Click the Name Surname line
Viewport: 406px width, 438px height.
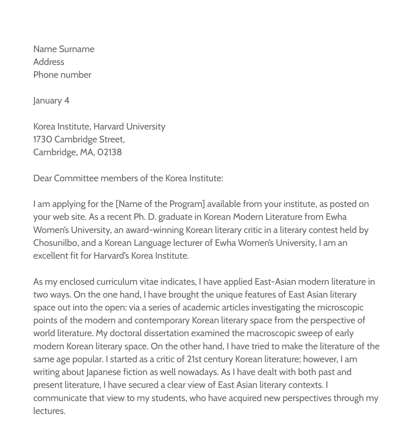[64, 49]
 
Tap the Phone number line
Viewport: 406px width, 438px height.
[62, 75]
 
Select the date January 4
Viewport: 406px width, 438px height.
[51, 101]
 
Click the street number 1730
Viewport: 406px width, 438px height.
[43, 139]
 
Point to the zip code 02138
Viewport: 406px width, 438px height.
[110, 152]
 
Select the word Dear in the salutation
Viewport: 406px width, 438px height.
[42, 178]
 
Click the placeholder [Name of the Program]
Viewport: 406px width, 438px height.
[160, 204]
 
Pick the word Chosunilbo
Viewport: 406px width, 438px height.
[55, 243]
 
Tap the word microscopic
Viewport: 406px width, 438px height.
[340, 308]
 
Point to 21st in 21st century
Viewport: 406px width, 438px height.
[194, 359]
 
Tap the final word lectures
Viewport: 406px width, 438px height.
[49, 411]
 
